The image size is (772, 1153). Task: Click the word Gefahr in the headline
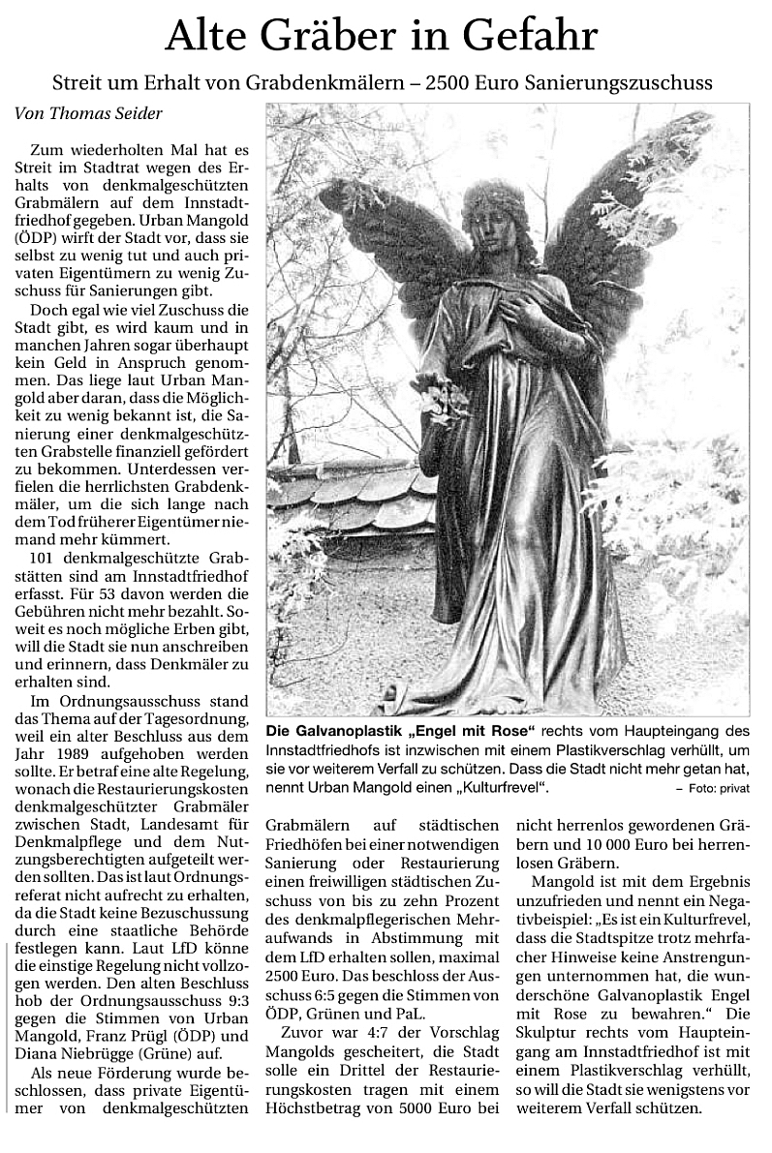tap(527, 38)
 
